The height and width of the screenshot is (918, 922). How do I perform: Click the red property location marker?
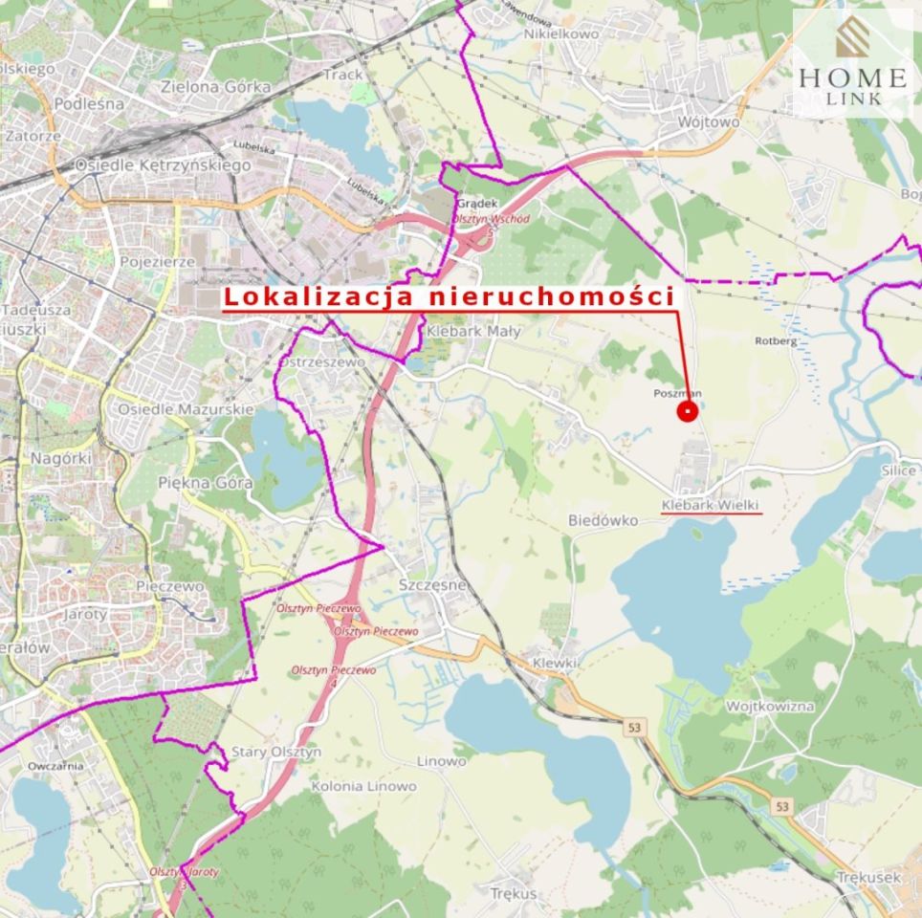point(688,411)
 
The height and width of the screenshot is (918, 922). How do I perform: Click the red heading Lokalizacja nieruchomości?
point(450,296)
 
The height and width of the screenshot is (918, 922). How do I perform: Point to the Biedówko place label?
point(603,521)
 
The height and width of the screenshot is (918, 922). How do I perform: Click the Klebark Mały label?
point(473,331)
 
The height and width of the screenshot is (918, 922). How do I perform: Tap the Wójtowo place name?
point(709,122)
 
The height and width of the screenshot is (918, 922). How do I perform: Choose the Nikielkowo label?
point(561,33)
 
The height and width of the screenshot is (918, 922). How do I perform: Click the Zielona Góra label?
point(216,86)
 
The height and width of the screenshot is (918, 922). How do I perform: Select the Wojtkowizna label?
point(770,706)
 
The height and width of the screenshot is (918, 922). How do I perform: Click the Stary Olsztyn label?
point(276,752)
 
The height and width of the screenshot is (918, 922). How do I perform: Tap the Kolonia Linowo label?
point(364,786)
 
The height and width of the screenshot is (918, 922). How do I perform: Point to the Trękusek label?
point(868,876)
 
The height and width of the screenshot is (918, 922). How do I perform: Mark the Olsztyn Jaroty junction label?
point(184,872)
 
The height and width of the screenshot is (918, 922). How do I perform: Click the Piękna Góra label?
point(206,483)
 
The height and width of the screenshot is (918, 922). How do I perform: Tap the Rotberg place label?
point(776,340)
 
